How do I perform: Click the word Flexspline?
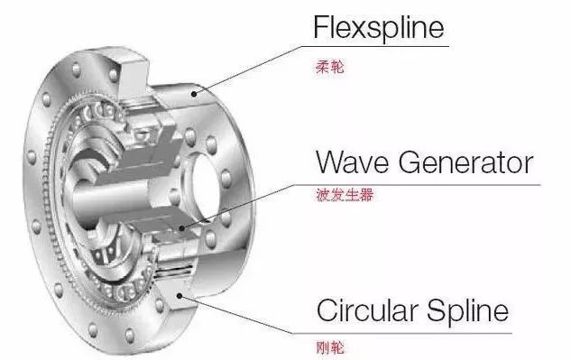[379, 28]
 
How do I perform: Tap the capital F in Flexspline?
[320, 28]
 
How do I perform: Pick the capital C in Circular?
[327, 312]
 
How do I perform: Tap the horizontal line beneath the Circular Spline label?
[424, 332]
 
